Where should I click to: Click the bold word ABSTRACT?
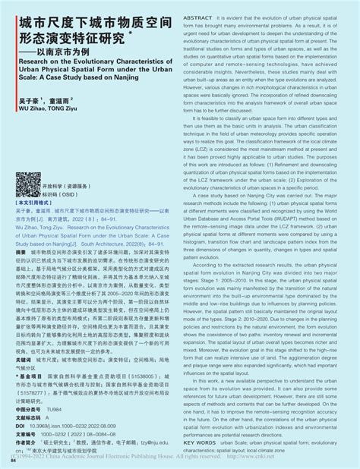click(196, 15)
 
